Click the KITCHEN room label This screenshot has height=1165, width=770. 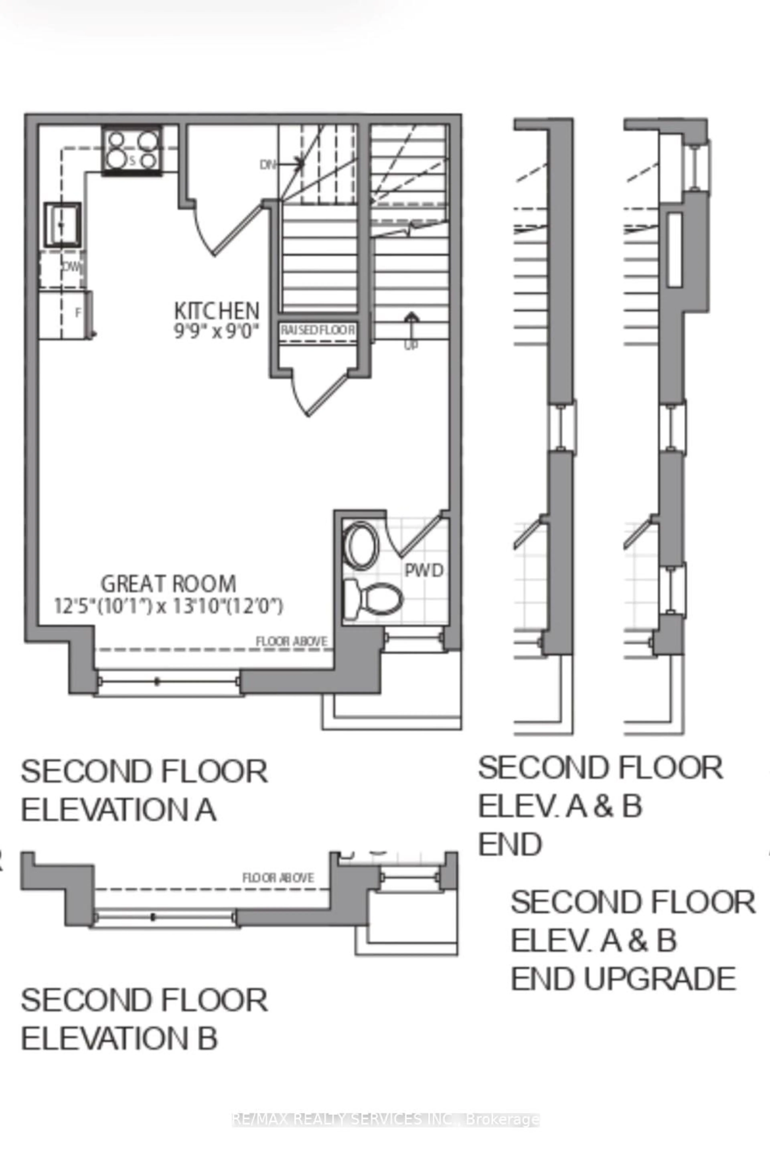(x=217, y=311)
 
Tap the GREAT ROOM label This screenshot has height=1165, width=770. (x=168, y=584)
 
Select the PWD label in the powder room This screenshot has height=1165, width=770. (x=424, y=570)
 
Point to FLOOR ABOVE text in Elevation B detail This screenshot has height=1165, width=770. (x=278, y=878)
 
